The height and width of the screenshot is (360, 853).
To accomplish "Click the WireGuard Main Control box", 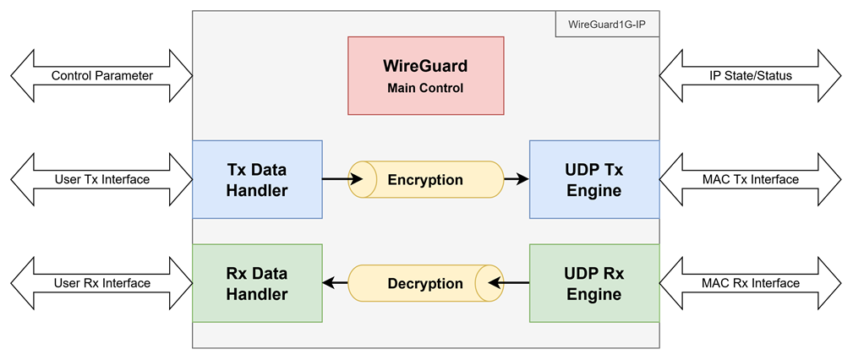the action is tap(426, 75).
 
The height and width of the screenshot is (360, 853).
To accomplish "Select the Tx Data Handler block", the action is tap(257, 179).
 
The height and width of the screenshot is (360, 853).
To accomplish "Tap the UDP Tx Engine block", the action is tap(594, 179).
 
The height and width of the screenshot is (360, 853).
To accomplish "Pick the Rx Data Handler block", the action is tap(257, 283).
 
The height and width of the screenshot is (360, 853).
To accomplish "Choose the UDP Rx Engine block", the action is tap(594, 283).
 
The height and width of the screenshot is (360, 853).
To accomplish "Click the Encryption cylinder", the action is tap(426, 179).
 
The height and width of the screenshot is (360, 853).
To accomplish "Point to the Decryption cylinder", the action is tap(426, 283).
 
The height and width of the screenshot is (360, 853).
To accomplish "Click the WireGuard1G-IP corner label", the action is tap(607, 25).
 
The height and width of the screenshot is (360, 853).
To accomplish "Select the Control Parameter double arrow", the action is tap(101, 75).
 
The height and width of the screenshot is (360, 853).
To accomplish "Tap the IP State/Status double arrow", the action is tap(750, 75).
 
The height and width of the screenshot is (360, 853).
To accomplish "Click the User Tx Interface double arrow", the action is tap(101, 179).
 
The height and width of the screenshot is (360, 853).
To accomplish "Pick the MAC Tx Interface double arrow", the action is tap(750, 179).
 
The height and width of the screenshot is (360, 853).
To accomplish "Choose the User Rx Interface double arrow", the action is tap(101, 283).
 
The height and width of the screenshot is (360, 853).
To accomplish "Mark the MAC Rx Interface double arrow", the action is tap(750, 283).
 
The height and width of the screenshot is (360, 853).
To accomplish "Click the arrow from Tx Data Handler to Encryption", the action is tap(342, 178).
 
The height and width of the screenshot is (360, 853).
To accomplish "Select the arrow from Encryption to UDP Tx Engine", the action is tap(517, 178).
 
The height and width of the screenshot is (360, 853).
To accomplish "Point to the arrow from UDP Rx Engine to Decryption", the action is tap(509, 283).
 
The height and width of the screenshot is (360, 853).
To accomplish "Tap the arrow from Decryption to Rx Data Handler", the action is tap(335, 283).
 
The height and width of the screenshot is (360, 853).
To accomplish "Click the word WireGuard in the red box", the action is tap(425, 67).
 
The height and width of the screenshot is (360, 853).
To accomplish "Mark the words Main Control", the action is tap(425, 88).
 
